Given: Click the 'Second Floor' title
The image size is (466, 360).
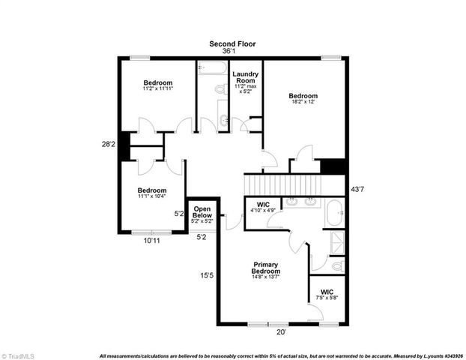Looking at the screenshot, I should pos(232,43).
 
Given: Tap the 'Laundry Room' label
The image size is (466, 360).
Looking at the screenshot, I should pos(245,78).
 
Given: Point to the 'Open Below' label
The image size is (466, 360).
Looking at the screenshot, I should pos(202,212).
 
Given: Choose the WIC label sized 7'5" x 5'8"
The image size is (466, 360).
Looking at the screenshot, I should pos(328,292).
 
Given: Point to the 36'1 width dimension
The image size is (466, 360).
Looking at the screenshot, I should pos(232,52).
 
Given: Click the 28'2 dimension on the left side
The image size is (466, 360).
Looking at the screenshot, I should pos(109,144).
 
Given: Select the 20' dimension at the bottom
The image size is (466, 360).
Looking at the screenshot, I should pos(280,332).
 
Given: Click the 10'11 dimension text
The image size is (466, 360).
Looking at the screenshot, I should pos(152,241).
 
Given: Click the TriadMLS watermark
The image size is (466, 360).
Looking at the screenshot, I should pos(21,354).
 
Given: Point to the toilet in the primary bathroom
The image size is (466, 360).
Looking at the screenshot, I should pos(336,265).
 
